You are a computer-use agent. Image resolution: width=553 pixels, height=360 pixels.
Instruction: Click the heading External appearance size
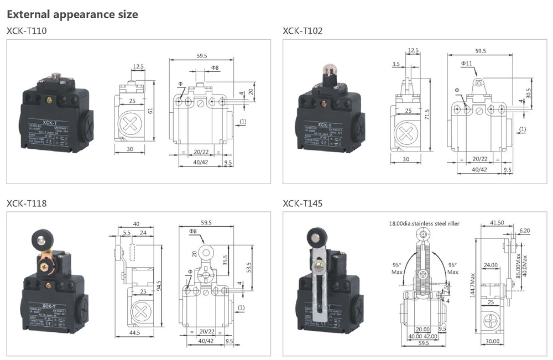[x=72, y=14]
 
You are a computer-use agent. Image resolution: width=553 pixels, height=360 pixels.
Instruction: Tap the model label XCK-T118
[x=27, y=204]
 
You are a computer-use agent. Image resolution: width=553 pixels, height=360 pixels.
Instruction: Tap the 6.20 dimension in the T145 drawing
[x=524, y=231]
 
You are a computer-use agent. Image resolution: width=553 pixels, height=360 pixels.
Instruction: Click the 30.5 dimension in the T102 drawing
[x=528, y=91]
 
